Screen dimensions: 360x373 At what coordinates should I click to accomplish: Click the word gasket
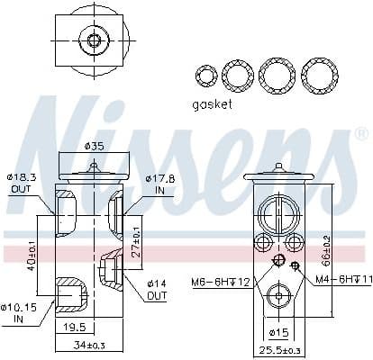(211, 104)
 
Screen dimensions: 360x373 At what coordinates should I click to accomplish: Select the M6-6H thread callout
(220, 281)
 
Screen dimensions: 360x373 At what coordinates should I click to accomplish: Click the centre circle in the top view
(92, 40)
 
